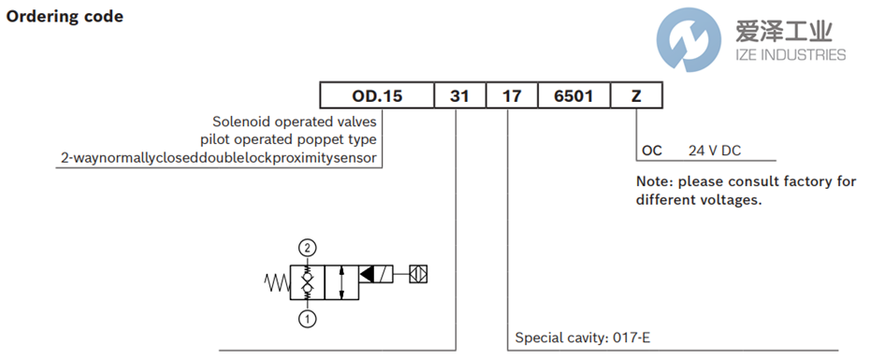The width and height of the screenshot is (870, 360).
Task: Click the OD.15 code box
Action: point(377,96)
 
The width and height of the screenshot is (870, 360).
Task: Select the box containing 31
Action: point(460,96)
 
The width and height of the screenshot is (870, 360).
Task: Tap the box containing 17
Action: point(512,96)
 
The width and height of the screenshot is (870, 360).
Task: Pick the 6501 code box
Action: point(573,96)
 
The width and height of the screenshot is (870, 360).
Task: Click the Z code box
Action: point(636,96)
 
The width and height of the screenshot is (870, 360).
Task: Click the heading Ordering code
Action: point(65,17)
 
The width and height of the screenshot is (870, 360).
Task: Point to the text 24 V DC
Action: point(715,151)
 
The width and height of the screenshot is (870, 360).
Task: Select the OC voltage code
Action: point(652,151)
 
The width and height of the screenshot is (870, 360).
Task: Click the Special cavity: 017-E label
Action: point(583,338)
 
